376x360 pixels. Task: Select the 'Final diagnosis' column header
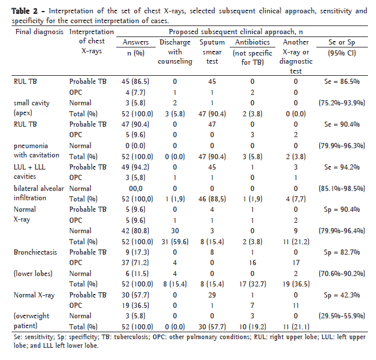pos(38,32)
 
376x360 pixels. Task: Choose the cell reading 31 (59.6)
pos(175,241)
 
